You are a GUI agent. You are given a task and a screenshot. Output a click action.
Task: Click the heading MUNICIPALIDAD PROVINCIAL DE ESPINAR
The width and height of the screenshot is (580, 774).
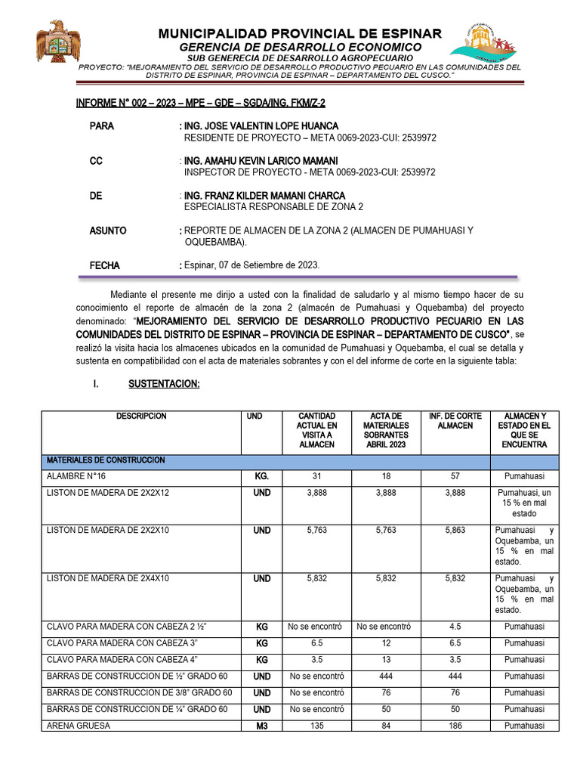coord(300,34)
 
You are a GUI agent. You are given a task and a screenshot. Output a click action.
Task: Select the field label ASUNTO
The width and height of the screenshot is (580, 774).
coord(108,231)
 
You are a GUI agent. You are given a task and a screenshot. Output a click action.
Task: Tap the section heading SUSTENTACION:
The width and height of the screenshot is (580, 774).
coord(164,384)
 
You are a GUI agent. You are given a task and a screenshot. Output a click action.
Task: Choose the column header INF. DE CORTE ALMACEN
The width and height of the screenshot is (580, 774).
coord(455,421)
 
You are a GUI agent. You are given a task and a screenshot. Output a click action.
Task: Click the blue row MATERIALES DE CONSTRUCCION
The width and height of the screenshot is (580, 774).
coord(106,460)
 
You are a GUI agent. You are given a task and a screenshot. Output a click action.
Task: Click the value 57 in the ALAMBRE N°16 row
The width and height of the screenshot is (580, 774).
coord(455,477)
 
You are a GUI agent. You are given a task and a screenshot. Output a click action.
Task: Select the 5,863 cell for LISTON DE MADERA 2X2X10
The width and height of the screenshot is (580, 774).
coord(455,531)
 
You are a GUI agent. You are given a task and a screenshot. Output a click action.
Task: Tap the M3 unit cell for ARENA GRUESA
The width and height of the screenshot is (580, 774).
coord(261,726)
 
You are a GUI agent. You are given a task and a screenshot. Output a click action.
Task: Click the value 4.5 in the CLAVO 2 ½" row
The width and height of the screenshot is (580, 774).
coord(455,626)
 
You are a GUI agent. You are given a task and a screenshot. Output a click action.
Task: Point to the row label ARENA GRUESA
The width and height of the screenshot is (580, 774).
coord(79,726)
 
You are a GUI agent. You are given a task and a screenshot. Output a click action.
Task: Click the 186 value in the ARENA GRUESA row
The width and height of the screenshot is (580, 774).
coord(455,726)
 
